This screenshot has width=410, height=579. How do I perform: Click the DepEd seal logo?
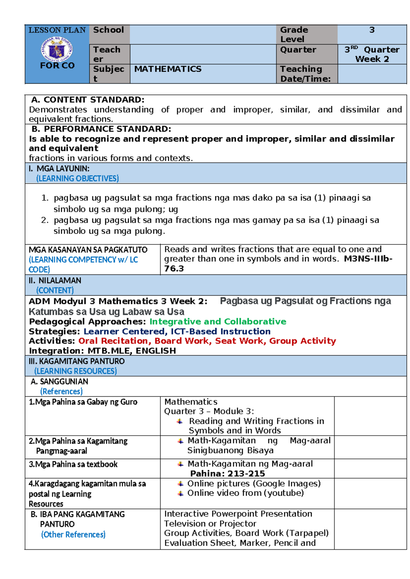click(x=57, y=50)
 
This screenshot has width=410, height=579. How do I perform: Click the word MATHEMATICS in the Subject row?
click(x=168, y=69)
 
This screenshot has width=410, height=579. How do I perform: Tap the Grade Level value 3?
click(x=372, y=30)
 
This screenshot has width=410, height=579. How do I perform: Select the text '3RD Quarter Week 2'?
click(x=372, y=54)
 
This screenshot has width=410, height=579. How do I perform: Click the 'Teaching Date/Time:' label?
click(x=305, y=74)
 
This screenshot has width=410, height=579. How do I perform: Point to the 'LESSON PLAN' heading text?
click(x=57, y=30)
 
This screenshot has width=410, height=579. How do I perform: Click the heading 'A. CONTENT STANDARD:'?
click(x=88, y=100)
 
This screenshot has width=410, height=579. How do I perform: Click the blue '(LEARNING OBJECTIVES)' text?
click(x=78, y=178)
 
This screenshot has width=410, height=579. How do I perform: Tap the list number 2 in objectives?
click(x=44, y=220)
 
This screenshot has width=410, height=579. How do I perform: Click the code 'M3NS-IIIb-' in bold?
click(x=368, y=259)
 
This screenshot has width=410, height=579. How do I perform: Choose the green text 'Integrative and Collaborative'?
click(x=218, y=322)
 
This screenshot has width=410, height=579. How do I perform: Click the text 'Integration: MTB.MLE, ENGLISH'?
click(x=102, y=351)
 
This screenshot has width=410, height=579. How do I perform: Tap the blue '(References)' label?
click(x=61, y=391)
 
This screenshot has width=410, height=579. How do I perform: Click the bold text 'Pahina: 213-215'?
click(x=228, y=474)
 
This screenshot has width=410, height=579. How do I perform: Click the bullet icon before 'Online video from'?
click(x=181, y=493)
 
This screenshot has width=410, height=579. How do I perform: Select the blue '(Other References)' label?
click(x=73, y=534)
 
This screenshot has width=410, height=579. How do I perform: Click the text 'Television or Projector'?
click(x=210, y=523)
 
